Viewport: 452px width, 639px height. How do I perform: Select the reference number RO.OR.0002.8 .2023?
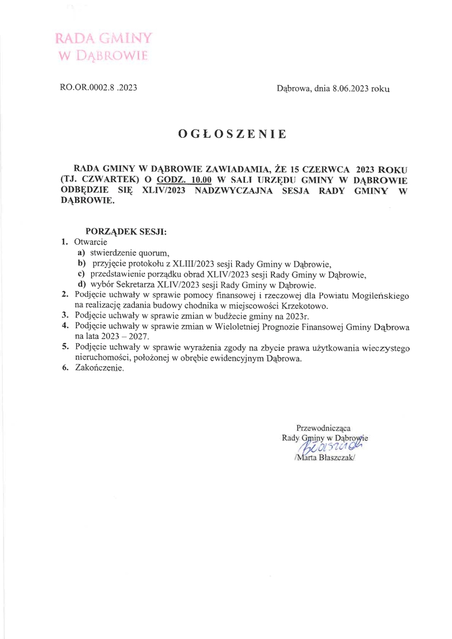99,88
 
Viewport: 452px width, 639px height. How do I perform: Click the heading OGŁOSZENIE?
232,134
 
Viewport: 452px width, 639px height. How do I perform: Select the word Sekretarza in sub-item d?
144,285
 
